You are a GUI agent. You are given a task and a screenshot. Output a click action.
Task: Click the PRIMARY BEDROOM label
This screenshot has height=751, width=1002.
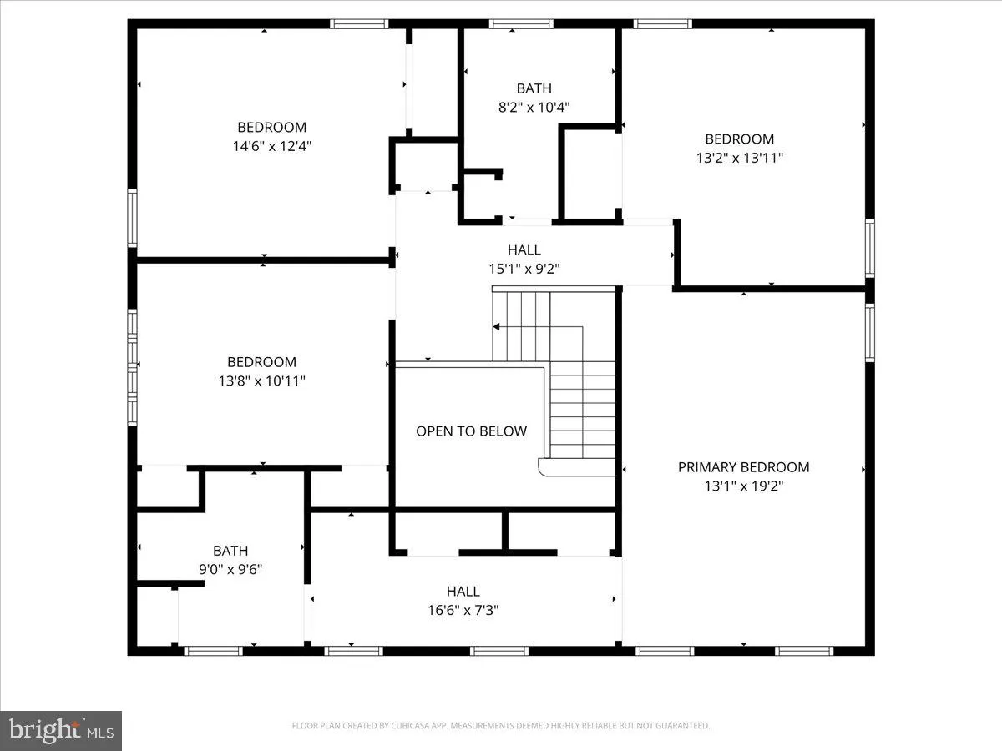pos(743,467)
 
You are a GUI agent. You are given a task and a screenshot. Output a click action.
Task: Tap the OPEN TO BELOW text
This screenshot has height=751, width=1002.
pos(471,431)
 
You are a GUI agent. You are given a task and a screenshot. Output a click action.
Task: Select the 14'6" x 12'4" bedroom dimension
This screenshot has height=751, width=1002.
pos(272,146)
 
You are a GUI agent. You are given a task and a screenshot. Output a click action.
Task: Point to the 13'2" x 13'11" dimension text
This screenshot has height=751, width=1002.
pos(740,158)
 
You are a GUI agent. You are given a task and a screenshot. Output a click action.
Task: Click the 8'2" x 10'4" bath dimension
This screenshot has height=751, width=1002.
pos(534,107)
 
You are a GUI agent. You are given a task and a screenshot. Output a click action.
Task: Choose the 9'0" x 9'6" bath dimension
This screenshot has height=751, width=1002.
pos(230,569)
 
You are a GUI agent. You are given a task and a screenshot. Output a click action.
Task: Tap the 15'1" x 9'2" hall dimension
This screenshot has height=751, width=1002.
pos(524,269)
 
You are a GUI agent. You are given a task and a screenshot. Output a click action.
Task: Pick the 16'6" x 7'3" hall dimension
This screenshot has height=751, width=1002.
pos(463,610)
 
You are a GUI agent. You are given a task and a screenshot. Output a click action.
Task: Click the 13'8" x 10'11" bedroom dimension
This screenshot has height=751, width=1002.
pos(261,381)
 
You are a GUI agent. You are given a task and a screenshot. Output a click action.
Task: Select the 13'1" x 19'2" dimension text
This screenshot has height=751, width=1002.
pos(744,486)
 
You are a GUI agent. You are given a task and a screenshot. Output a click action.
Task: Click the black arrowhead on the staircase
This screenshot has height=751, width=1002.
pos(496,327)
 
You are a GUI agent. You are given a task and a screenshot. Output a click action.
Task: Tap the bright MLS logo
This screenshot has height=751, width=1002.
pos(61,731)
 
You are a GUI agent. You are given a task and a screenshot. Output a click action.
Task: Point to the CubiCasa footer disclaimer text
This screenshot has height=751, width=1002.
pos(501,725)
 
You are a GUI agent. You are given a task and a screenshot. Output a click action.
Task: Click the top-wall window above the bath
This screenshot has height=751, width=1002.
pos(521,23)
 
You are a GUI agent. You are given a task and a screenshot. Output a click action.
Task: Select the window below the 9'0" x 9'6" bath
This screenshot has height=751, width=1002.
pos(213,651)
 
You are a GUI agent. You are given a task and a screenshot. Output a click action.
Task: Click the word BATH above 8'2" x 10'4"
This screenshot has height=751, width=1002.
pos(534,88)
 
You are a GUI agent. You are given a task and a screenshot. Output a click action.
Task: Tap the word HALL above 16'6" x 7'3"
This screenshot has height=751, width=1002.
pos(463,591)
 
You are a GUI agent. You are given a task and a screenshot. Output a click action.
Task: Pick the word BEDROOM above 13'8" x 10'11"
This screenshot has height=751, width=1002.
pos(261,361)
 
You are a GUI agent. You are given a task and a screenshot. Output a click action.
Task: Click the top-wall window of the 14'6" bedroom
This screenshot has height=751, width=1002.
pos(359,23)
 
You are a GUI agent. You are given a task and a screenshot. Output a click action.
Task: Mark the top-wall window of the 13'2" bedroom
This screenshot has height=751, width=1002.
pos(663,23)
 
